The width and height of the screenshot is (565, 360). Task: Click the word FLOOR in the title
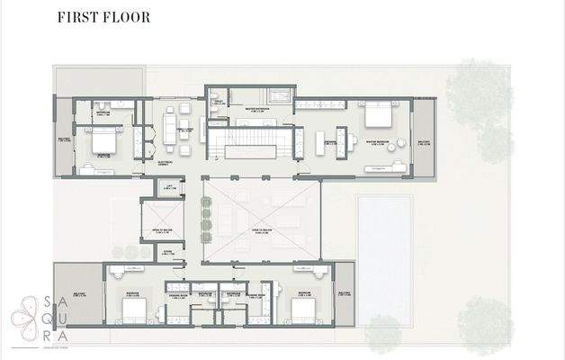point(127,17)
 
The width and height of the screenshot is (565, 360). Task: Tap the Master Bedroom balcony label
point(425,142)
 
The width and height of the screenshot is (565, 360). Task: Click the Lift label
point(193,187)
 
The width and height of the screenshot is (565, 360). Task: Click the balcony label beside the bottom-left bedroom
point(78,292)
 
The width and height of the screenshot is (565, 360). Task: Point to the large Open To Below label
point(261,229)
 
